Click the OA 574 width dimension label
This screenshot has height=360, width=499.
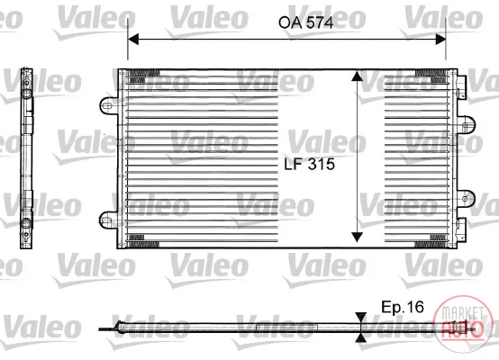pyautogui.click(x=305, y=22)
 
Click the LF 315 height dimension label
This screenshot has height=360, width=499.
pyautogui.click(x=309, y=164)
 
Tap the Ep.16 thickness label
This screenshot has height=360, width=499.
pyautogui.click(x=403, y=307)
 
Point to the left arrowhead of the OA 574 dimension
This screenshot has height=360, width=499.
pyautogui.click(x=133, y=39)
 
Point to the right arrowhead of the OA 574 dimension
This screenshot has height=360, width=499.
pyautogui.click(x=440, y=39)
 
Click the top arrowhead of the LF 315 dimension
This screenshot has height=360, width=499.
pyautogui.click(x=357, y=76)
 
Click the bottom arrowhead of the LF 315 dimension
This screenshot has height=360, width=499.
pyautogui.click(x=357, y=237)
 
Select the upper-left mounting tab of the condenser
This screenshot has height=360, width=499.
pyautogui.click(x=109, y=105)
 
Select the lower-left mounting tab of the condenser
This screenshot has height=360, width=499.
pyautogui.click(x=108, y=220)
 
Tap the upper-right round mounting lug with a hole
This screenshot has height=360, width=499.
pyautogui.click(x=466, y=125)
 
